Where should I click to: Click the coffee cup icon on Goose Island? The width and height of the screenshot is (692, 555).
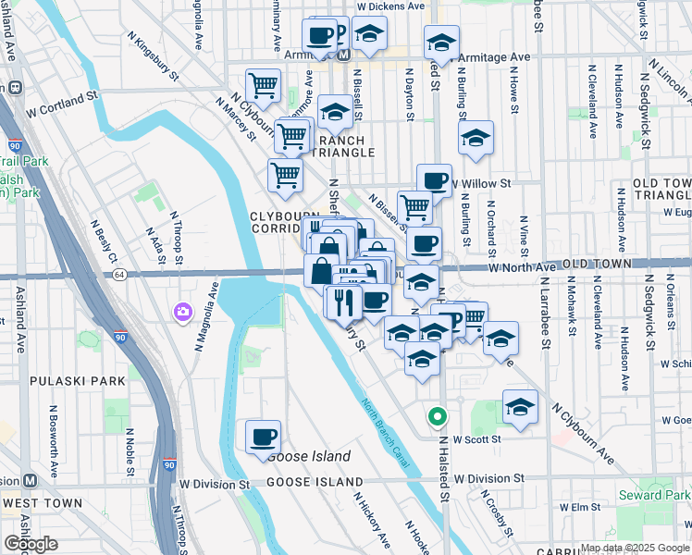pos(264,436)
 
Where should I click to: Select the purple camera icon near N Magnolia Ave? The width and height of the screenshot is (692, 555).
pos(182,312)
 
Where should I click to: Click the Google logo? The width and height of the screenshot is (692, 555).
pos(31,544)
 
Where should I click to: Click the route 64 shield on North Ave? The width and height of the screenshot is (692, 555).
pos(119,275)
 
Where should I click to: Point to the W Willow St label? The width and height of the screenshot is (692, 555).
pos(480,184)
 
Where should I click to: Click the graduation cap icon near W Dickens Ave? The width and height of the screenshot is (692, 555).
pos(370,34)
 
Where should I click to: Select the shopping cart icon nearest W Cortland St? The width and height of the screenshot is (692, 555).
pos(264,86)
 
